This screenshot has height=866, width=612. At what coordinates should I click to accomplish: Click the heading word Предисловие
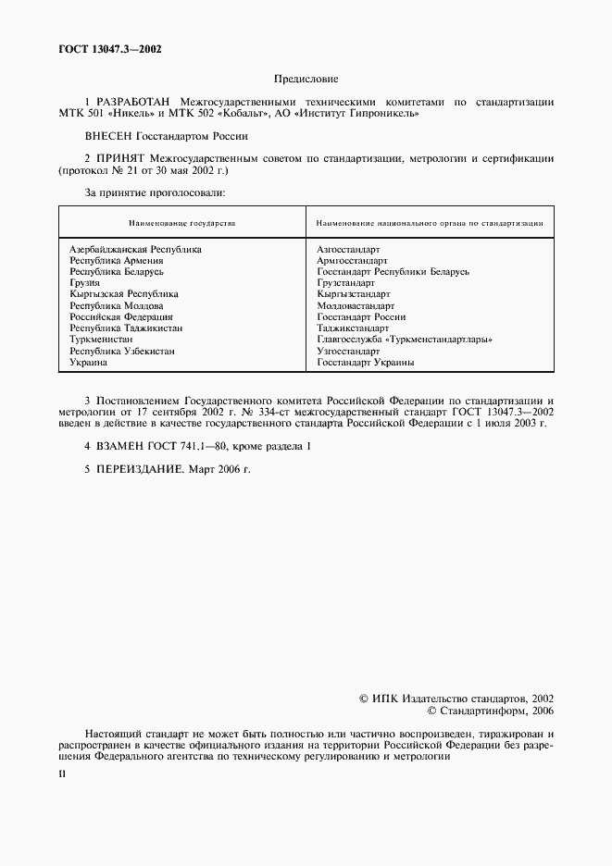306,79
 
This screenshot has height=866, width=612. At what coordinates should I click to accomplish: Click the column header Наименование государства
182,224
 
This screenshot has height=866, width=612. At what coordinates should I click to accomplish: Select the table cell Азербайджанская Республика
136,250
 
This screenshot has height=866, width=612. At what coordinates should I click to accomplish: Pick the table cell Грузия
84,283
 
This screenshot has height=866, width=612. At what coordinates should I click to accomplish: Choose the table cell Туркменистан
102,340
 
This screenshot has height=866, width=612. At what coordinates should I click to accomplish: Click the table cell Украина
89,363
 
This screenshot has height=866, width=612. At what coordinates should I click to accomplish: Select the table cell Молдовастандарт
356,306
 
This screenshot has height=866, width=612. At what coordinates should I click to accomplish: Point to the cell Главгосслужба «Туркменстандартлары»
404,340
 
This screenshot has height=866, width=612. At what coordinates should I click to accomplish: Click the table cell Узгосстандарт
348,352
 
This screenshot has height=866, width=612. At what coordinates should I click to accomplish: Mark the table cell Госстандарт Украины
365,363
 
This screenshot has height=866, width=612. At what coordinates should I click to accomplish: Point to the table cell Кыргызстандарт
352,294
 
